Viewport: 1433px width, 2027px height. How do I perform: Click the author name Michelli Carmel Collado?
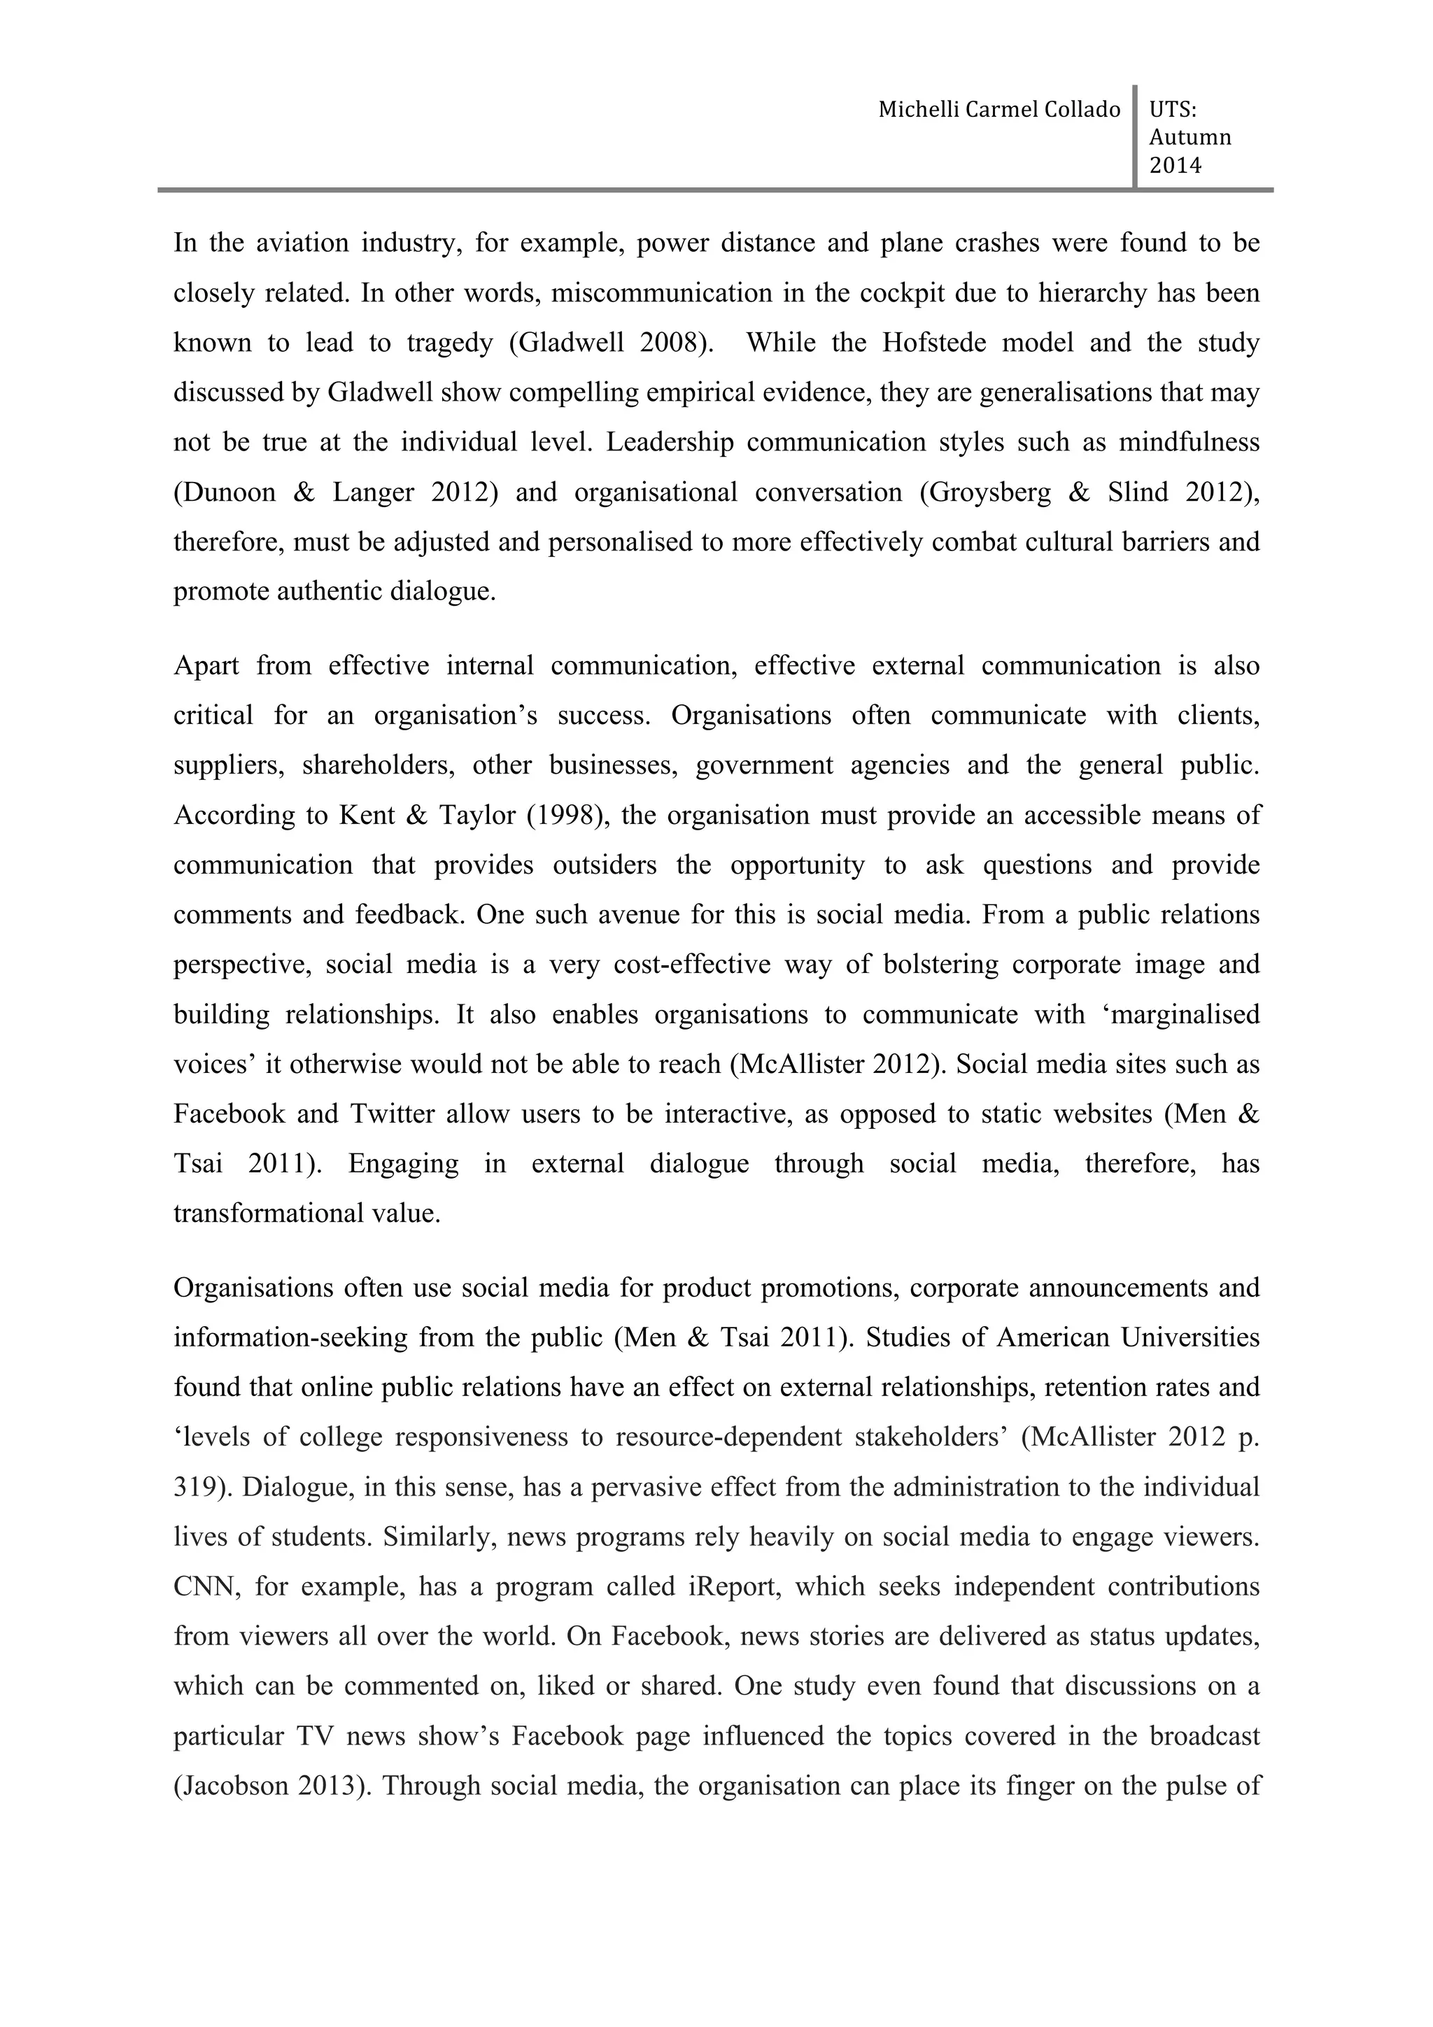(x=998, y=110)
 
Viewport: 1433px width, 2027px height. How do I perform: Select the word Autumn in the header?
(x=1190, y=137)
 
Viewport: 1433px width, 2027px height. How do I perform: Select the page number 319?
(x=196, y=1488)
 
